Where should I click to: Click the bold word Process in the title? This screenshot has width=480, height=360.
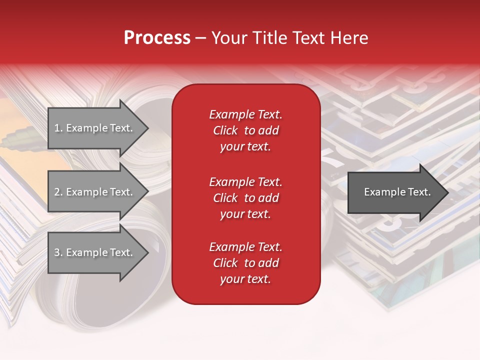point(157,38)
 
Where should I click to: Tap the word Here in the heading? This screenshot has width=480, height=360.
point(349,38)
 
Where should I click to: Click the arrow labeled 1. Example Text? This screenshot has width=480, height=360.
point(95,128)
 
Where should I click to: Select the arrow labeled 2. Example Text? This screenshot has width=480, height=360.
point(95,192)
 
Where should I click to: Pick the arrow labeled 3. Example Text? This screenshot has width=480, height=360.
point(95,252)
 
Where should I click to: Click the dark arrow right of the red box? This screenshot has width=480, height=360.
point(395,192)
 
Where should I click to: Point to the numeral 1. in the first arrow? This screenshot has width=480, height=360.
point(58,128)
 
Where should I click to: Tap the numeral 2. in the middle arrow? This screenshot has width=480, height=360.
point(58,192)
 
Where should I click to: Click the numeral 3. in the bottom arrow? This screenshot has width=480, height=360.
point(58,252)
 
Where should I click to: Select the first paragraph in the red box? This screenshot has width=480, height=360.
point(245,130)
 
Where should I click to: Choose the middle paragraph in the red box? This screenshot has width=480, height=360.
point(245,197)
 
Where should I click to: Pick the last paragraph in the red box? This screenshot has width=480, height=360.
point(245,263)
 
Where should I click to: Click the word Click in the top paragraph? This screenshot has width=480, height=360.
point(225,130)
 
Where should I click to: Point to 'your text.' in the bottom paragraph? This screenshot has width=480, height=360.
point(245,279)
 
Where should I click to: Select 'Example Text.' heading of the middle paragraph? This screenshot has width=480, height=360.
point(245,181)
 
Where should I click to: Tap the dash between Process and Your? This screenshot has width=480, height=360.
point(201,38)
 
